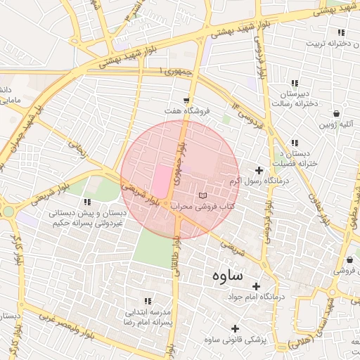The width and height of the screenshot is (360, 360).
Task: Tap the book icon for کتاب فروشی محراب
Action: [x=203, y=195]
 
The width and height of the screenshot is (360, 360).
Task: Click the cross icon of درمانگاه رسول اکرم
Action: [x=259, y=170]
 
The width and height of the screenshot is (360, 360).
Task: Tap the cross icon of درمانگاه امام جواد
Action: [x=256, y=286]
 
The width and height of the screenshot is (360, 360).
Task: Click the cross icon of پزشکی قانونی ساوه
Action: [x=235, y=328]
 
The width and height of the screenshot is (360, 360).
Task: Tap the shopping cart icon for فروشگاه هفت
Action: [x=186, y=101]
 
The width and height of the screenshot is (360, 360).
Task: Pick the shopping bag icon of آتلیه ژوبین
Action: [x=337, y=113]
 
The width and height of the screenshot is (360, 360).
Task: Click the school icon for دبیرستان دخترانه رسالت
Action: [x=295, y=83]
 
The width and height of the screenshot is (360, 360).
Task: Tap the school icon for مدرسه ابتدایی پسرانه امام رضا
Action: [x=148, y=300]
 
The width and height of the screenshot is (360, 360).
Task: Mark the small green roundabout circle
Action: [x=8, y=211]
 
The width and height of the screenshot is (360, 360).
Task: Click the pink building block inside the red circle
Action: [x=162, y=181]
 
